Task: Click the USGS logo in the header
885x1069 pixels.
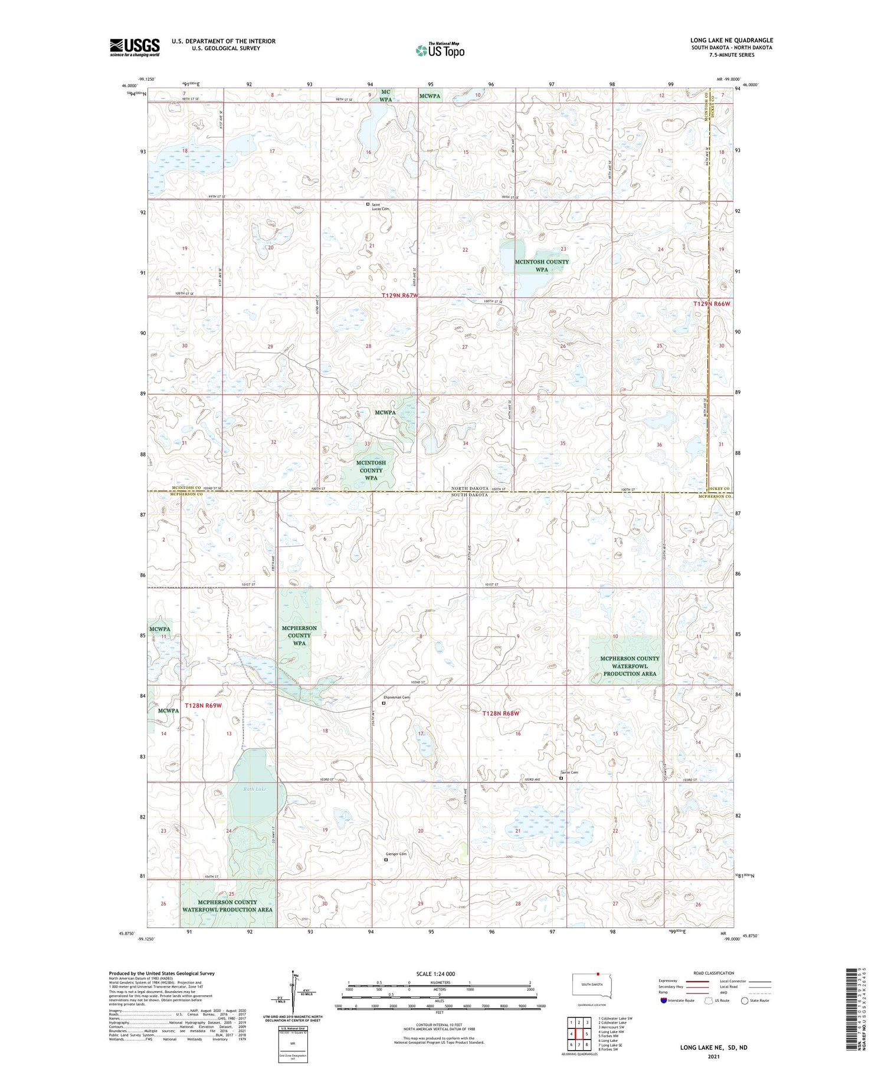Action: [135, 47]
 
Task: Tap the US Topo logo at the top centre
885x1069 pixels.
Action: [440, 50]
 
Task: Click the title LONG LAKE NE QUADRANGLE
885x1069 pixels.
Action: [732, 40]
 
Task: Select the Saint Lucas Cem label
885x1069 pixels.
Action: [380, 207]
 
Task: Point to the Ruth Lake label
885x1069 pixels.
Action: [255, 789]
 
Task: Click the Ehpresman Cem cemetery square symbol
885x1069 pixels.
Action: [383, 703]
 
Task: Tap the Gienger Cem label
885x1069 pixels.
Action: [396, 854]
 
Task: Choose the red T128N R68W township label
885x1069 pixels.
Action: [501, 713]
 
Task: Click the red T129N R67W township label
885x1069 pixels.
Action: [399, 295]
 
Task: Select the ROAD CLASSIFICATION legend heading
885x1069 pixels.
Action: [714, 973]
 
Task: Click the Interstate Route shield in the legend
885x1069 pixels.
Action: [664, 1001]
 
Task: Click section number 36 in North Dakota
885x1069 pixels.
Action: [659, 445]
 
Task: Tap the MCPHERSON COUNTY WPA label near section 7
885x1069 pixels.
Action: [299, 636]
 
